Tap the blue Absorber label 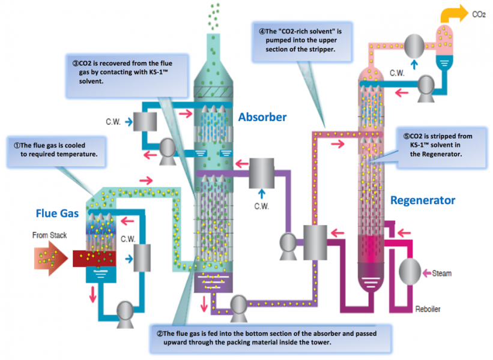262,117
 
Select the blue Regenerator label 423,200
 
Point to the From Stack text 49,235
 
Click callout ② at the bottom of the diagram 270,338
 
